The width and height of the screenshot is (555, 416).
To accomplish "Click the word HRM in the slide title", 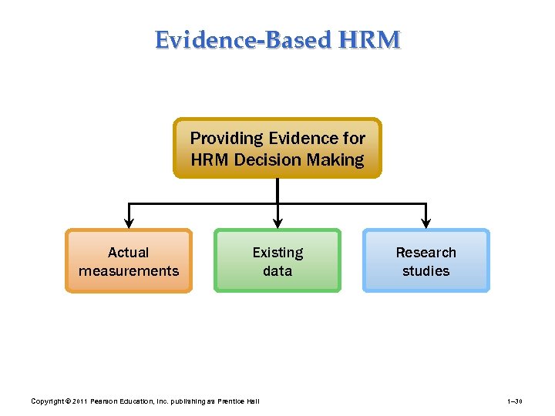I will point(373,39).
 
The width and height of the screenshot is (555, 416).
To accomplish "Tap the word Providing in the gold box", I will point(227,139).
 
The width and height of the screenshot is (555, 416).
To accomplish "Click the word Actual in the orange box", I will point(129,253).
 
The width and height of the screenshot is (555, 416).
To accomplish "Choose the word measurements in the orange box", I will point(129,271).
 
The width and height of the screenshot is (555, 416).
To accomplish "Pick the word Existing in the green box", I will point(277,253).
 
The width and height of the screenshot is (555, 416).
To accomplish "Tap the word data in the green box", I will point(277,271).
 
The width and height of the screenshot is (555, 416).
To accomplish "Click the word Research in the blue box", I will point(425,253).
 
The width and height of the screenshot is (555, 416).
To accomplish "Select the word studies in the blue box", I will point(425,271).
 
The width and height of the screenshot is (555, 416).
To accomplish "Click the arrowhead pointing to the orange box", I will point(129,223).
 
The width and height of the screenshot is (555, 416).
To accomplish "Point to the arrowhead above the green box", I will point(277,223).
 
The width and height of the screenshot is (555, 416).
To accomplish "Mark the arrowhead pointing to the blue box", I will point(426,223).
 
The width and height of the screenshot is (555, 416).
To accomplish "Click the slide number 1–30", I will point(515,401).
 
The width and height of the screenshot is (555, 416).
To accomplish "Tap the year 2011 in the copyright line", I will point(80,401).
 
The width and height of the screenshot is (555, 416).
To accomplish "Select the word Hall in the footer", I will point(252,401).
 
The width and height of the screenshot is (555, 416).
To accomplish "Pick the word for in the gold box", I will point(353,139).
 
